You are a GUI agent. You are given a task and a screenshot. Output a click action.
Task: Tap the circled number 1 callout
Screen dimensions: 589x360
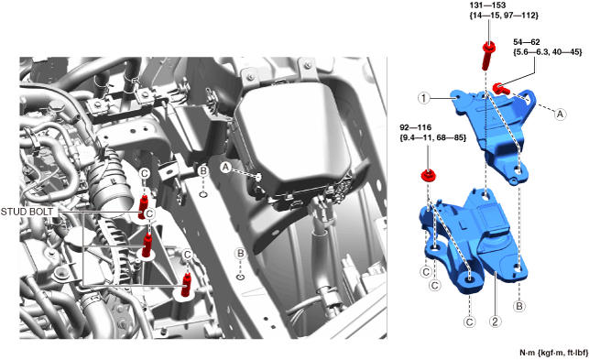pos(424,98)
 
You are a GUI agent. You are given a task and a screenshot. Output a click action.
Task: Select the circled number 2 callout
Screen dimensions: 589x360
pos(495,322)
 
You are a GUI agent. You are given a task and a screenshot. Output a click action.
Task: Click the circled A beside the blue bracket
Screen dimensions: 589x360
pos(560,114)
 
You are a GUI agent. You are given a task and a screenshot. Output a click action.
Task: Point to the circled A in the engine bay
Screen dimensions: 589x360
pos(225,168)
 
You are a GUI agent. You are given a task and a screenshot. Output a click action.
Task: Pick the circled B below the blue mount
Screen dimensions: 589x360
pos(519,306)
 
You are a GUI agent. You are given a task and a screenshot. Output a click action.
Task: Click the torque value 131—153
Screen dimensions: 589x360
pos(487,5)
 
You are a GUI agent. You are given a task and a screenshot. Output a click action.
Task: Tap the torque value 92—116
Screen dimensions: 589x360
pos(416,127)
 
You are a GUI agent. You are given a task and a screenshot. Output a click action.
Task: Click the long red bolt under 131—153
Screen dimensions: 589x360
pos(487,56)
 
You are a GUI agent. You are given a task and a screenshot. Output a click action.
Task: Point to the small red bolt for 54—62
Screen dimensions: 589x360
pos(500,89)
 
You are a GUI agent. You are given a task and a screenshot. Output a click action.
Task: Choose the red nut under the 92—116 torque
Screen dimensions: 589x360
pos(428,175)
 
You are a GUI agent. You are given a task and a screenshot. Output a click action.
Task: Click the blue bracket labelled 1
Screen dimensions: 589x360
pos(492,132)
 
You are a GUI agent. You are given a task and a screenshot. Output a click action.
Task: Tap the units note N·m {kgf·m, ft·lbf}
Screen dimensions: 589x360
pos(553,353)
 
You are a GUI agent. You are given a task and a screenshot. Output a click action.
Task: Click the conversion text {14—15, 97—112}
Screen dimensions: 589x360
pos(504,16)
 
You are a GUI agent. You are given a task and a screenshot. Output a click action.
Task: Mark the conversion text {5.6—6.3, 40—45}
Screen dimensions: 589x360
pos(547,52)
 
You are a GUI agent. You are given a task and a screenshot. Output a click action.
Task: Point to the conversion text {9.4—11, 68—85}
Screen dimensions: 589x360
pos(433,138)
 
